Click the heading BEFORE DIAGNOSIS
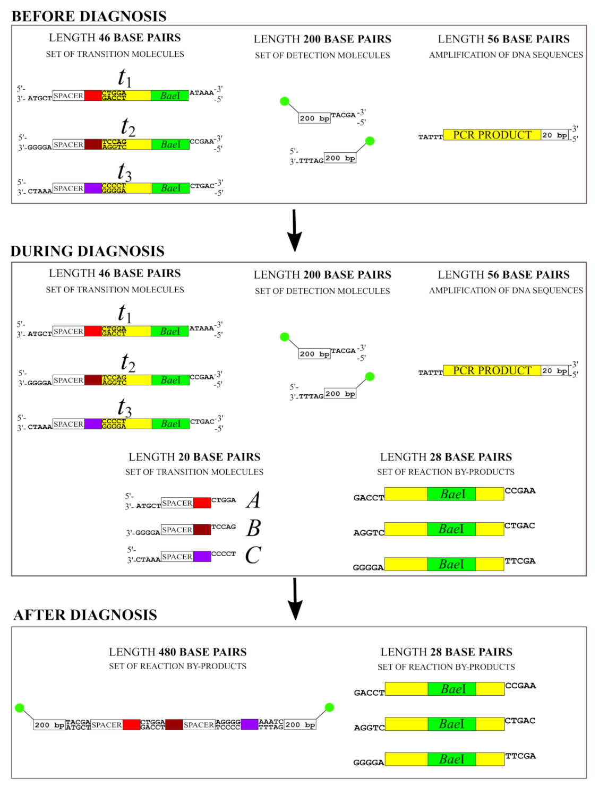point(89,16)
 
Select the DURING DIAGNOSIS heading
point(88,251)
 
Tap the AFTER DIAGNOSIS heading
point(85,615)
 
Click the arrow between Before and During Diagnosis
point(294,230)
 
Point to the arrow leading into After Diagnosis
point(294,598)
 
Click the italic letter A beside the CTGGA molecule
point(253,500)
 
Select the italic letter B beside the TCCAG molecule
point(254,528)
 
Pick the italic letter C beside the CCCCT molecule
point(253,555)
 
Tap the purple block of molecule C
point(202,556)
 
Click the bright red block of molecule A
point(202,503)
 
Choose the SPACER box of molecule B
point(177,530)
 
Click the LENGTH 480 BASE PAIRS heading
point(178,652)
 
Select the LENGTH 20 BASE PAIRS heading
point(194,457)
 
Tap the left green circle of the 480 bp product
point(20,707)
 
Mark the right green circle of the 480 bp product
point(329,707)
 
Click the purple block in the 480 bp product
point(250,724)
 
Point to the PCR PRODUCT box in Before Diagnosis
point(492,135)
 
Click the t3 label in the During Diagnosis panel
point(125,407)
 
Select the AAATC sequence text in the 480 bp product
point(271,722)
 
